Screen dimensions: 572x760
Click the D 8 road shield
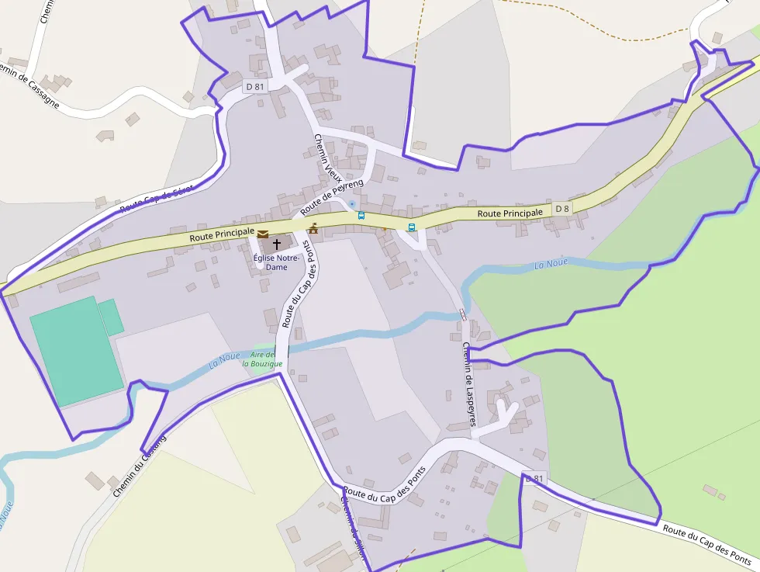click(x=562, y=209)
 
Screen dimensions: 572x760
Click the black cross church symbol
click(x=277, y=244)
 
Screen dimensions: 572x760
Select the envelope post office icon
click(x=263, y=234)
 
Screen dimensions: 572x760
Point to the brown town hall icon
click(x=313, y=228)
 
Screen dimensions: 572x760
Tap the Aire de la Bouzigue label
click(x=258, y=359)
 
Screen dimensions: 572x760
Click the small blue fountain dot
click(x=352, y=204)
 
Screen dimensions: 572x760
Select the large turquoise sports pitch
click(x=75, y=351)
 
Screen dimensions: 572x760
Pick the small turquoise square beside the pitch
click(x=111, y=317)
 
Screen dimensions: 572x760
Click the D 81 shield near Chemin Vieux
click(x=255, y=87)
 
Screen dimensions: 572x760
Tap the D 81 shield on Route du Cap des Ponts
click(x=535, y=479)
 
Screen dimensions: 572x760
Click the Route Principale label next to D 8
click(x=510, y=213)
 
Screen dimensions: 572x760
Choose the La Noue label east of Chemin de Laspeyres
click(x=551, y=265)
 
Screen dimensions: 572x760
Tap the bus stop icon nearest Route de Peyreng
click(x=361, y=215)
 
